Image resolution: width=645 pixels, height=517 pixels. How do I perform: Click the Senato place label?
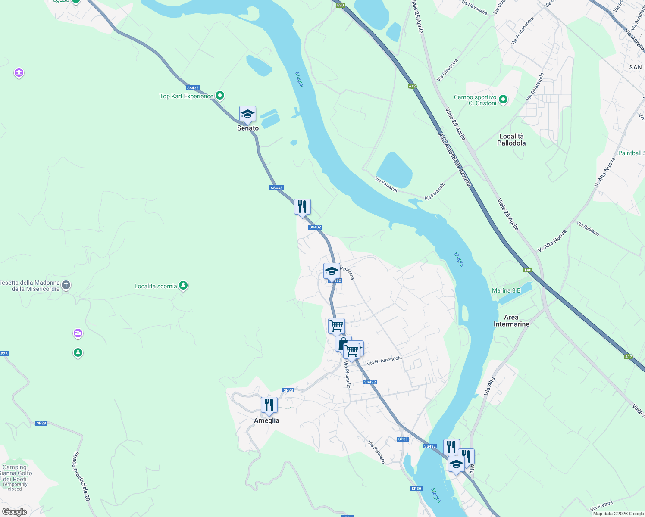pos(248,128)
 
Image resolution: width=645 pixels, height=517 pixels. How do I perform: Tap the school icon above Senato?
pos(247,114)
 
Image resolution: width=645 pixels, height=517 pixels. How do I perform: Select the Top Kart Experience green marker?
pos(220,96)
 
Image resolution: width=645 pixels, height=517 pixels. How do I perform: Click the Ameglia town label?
pos(266,420)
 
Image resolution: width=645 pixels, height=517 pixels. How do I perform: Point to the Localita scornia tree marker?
pos(183,285)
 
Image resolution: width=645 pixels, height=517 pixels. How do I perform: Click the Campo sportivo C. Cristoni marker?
pos(503,100)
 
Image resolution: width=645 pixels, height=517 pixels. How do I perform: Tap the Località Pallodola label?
pos(511,140)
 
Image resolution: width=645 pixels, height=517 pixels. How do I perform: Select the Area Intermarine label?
pos(511,321)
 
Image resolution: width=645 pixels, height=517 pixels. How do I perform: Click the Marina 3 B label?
pos(506,291)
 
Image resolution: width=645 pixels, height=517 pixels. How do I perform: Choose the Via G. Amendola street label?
pos(384,361)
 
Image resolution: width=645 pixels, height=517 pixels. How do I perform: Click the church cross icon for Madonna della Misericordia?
pos(66,285)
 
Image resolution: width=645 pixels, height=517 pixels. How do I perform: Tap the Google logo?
pos(15,512)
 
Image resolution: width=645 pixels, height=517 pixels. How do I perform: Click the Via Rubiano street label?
pos(588,229)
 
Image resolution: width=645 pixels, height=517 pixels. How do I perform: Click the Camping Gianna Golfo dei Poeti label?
pos(15,473)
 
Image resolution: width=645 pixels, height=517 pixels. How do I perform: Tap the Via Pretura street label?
pos(601,506)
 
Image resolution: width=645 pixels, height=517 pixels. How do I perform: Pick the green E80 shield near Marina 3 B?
pos(528,270)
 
